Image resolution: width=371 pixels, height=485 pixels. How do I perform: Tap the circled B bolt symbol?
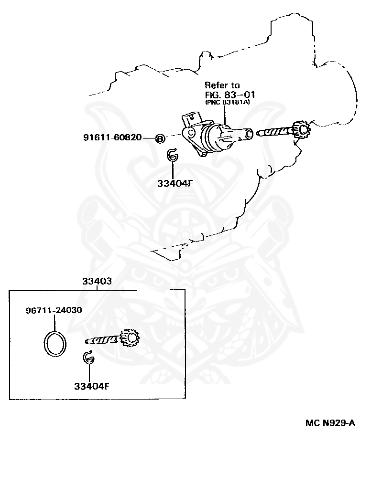160,138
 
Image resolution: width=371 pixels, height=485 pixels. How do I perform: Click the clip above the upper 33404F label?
172,156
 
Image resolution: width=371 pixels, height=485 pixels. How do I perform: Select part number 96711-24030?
54,310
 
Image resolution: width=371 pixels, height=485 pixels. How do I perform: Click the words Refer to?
222,85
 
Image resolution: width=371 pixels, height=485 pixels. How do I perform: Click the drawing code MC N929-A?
330,423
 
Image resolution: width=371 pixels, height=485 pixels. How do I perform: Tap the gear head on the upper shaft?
301,129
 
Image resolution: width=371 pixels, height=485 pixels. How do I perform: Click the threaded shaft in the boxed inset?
103,340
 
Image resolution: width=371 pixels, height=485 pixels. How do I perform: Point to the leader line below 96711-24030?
54,322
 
